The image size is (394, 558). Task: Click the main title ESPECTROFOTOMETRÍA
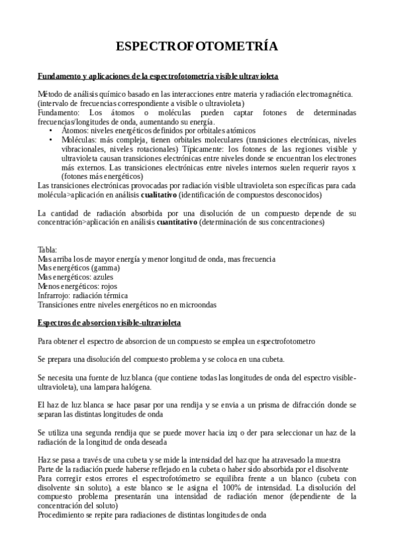[x=197, y=46]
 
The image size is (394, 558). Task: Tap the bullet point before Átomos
[x=51, y=131]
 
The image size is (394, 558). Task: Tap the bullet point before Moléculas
[x=51, y=140]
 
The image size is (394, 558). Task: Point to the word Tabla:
[x=47, y=250]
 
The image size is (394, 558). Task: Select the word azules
[x=104, y=278]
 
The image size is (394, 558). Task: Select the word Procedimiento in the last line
[x=62, y=515]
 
